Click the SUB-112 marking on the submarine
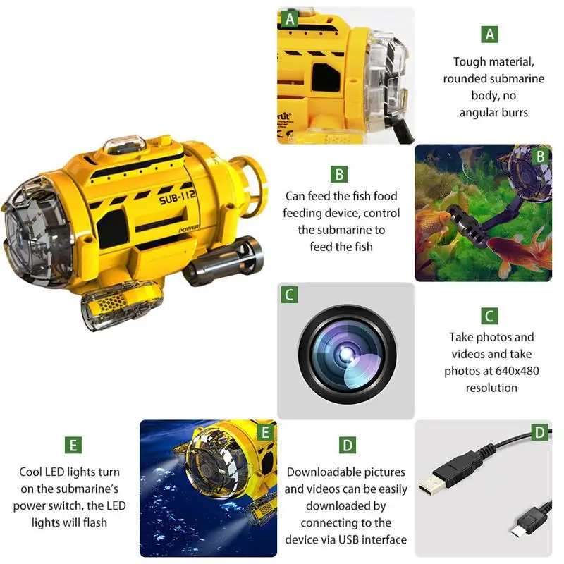178,197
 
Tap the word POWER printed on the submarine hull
188,229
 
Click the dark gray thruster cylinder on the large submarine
223,259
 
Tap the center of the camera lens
347,355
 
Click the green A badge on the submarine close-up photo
290,19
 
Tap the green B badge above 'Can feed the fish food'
339,174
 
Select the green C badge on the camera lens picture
289,295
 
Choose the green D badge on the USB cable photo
539,432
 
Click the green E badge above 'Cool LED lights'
73,445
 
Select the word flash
95,522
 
